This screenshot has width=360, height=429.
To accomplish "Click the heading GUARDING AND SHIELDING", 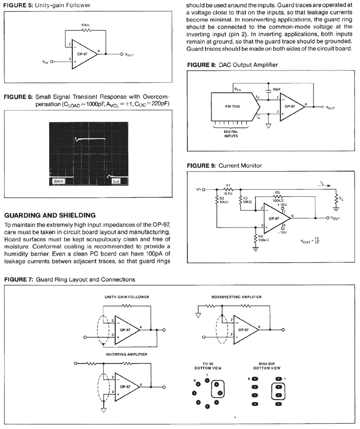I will coord(50,216).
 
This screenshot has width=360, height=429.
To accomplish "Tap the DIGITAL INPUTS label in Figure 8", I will coord(231,134).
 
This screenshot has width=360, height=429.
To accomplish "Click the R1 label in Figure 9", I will coord(228,185).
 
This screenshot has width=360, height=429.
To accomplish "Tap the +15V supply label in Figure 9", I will coord(280,205).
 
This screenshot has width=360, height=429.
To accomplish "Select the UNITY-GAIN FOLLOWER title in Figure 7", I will coord(127,297).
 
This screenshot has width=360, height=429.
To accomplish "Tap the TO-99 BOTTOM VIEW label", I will coord(205,366).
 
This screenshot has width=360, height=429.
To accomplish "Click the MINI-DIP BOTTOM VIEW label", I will coord(267,366).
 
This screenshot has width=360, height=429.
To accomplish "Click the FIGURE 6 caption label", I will coord(19,97).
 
